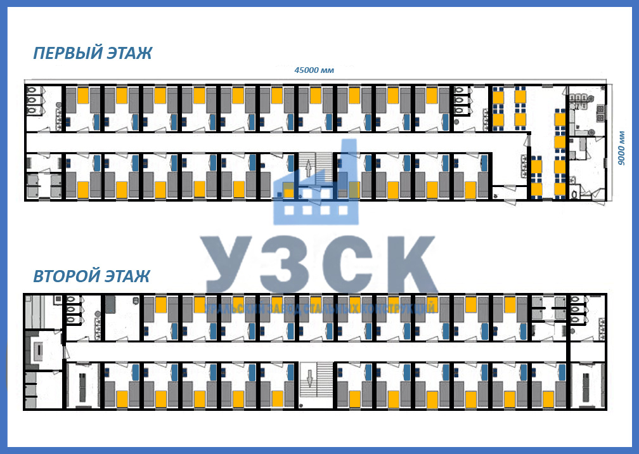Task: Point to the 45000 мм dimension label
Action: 314,70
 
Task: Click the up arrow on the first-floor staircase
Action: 309,169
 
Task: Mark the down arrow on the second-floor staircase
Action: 309,379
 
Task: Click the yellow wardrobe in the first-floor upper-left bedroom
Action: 82,96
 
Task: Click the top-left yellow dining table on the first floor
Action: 498,97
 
